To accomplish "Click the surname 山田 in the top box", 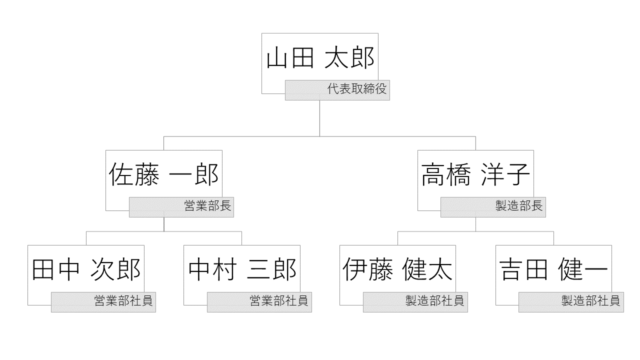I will [x=289, y=58].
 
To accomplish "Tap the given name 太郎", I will [x=349, y=58].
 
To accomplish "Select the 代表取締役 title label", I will [x=357, y=90].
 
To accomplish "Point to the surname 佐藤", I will [x=133, y=175].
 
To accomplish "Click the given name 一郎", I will [x=194, y=175].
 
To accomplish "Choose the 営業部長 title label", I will [x=207, y=206].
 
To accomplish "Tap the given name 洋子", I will [x=505, y=175].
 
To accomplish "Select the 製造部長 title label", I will [x=519, y=206].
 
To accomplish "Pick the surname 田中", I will [x=55, y=270].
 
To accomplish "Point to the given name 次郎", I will [x=115, y=270].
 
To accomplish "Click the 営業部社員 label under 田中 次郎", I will [x=123, y=301].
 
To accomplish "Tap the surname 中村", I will [x=211, y=270].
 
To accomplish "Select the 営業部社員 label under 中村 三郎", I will [x=279, y=301].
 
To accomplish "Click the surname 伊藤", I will [x=367, y=270].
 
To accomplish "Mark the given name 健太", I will [x=427, y=270].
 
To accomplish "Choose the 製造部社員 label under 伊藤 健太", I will [x=434, y=301].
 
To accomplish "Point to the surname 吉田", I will [x=523, y=270].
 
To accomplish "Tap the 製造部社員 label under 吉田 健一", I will [x=590, y=301].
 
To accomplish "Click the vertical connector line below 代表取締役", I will [x=319, y=118].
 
